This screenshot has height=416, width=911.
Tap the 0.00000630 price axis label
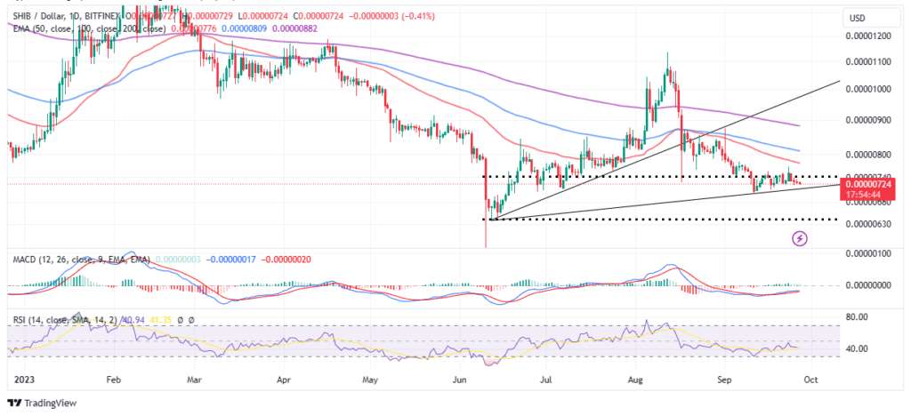(x=869, y=224)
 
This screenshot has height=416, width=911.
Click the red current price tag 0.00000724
(x=869, y=183)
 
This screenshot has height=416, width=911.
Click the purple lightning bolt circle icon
(x=800, y=238)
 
